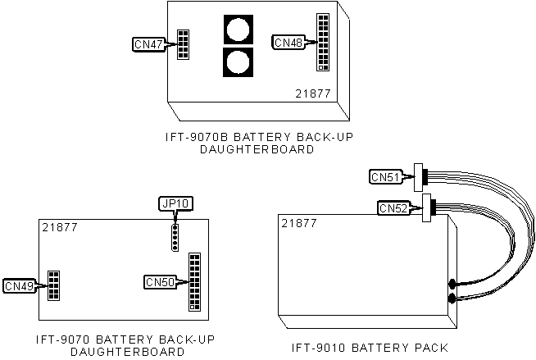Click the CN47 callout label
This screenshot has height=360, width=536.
pos(148,43)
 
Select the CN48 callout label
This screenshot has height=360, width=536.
pos(288,41)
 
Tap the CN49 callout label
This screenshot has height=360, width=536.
pos(19,285)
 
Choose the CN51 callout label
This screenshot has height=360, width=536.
pos(385,176)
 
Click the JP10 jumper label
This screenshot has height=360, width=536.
pos(174,203)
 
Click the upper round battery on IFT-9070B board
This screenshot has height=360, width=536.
pos(238,31)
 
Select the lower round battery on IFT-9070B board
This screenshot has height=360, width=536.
pos(238,63)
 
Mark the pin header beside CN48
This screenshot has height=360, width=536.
pos(322,43)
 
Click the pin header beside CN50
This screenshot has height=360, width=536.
pos(195,281)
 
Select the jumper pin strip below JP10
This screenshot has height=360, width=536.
pos(174,236)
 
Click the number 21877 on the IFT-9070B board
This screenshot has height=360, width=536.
pos(313,94)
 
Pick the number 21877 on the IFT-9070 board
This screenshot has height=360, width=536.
pos(59,226)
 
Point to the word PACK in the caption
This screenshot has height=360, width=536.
pos(431,347)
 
